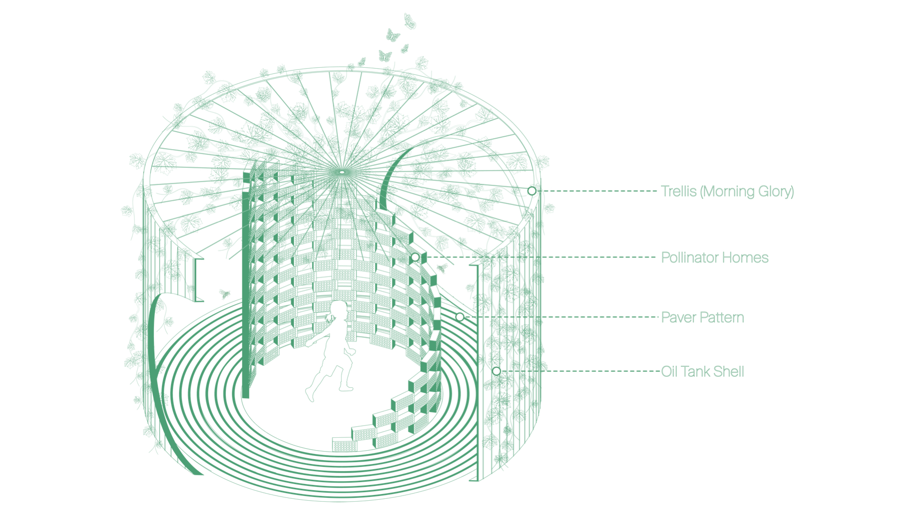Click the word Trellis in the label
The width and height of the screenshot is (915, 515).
(x=679, y=191)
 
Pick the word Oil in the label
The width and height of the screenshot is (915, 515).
(x=669, y=371)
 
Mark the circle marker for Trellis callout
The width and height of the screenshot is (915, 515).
(x=532, y=191)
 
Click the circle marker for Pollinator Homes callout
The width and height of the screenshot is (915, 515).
(x=415, y=257)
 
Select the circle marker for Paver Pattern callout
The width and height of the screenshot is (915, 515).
(x=460, y=317)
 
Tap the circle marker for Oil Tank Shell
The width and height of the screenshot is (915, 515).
(x=496, y=371)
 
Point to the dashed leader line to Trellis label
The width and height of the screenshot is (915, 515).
(x=596, y=191)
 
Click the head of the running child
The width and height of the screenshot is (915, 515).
(x=339, y=310)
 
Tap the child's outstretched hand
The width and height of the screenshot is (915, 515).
(x=310, y=343)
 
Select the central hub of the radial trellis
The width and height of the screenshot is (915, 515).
(x=341, y=171)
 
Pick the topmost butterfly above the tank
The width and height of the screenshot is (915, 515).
(x=409, y=21)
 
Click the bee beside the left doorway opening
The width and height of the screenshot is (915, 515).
(x=224, y=294)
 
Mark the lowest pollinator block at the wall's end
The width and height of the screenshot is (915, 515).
(x=345, y=444)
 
